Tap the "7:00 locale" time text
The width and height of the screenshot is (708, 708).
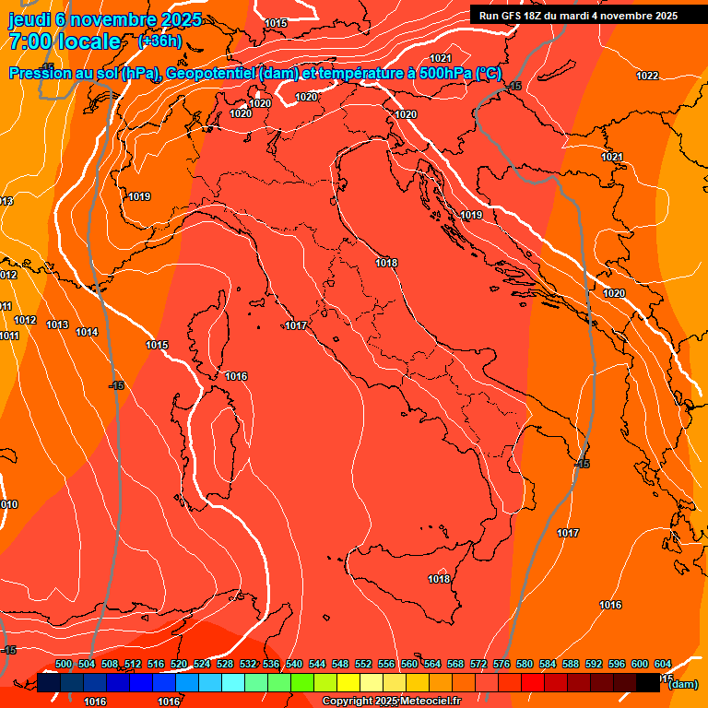65,41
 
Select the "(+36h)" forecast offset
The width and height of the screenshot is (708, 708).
159,41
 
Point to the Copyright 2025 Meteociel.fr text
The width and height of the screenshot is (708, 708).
391,702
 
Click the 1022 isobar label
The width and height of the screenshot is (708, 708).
647,76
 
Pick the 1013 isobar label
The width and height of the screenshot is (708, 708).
57,324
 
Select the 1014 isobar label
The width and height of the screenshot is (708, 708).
87,332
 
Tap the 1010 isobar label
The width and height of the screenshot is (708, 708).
7,504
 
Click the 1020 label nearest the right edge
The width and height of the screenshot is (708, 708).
614,293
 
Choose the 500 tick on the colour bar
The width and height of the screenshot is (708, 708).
64,664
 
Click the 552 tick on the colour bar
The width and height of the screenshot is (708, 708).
363,664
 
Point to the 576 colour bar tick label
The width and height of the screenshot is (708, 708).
501,664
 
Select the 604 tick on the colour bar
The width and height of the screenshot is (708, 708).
663,664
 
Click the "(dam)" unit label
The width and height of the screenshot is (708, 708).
682,684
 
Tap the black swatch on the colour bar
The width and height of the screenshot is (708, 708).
649,683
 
